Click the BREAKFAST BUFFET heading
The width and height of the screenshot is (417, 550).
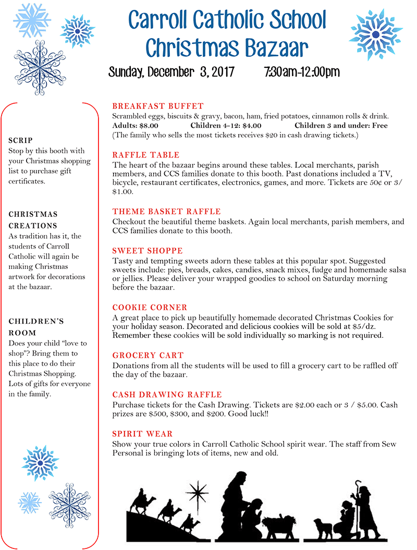click(x=158, y=106)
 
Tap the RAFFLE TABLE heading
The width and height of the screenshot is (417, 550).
click(x=145, y=155)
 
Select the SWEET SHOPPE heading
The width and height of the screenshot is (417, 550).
click(x=148, y=251)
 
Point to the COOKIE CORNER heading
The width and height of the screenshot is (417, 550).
click(x=150, y=308)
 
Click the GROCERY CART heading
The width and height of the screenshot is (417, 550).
click(x=148, y=356)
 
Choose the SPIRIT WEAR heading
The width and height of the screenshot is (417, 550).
click(x=142, y=434)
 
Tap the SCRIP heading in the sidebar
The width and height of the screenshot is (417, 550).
click(x=21, y=140)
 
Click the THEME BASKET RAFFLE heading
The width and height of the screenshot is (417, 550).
click(x=166, y=212)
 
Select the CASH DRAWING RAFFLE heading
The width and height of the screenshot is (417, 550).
click(x=167, y=395)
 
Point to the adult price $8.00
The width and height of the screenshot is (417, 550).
click(x=146, y=126)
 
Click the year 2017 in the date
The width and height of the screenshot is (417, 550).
click(x=223, y=71)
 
